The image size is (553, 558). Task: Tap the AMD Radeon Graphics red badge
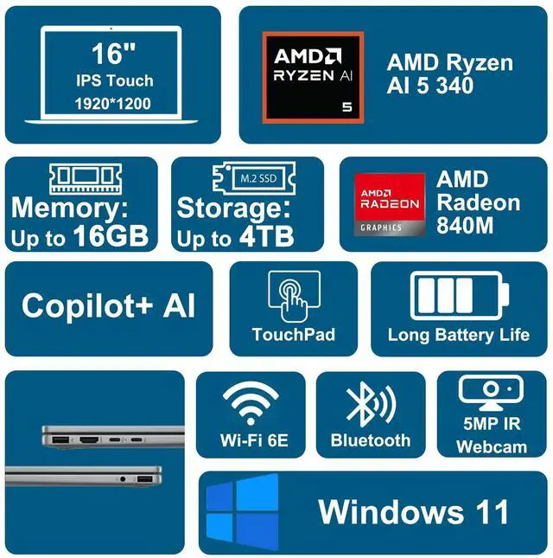coord(389,205)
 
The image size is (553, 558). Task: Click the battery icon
coord(458,297)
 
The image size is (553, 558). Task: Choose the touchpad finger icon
coord(294,297)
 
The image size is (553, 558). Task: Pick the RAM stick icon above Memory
coord(82,179)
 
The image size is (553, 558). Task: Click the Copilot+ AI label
coord(109,306)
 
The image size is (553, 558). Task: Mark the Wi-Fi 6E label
coord(254,441)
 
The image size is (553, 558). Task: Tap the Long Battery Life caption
coord(458,336)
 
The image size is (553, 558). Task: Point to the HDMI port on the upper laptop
coord(90,441)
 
